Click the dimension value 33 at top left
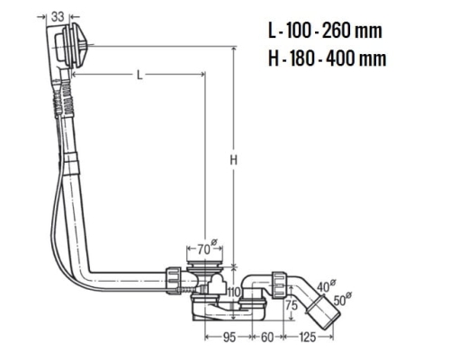(x=58, y=16)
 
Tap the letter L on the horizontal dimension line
(x=139, y=75)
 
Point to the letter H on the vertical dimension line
(x=234, y=160)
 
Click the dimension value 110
(x=234, y=292)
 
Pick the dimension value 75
(x=292, y=305)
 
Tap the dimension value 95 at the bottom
(x=229, y=337)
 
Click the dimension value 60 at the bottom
(x=267, y=337)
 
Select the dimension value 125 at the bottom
(x=308, y=337)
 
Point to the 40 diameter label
(x=326, y=286)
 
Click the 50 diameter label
(x=342, y=299)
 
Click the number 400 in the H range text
(x=341, y=58)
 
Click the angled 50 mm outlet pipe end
(x=323, y=312)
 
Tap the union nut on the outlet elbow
(x=278, y=284)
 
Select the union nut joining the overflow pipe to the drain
(x=173, y=280)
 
